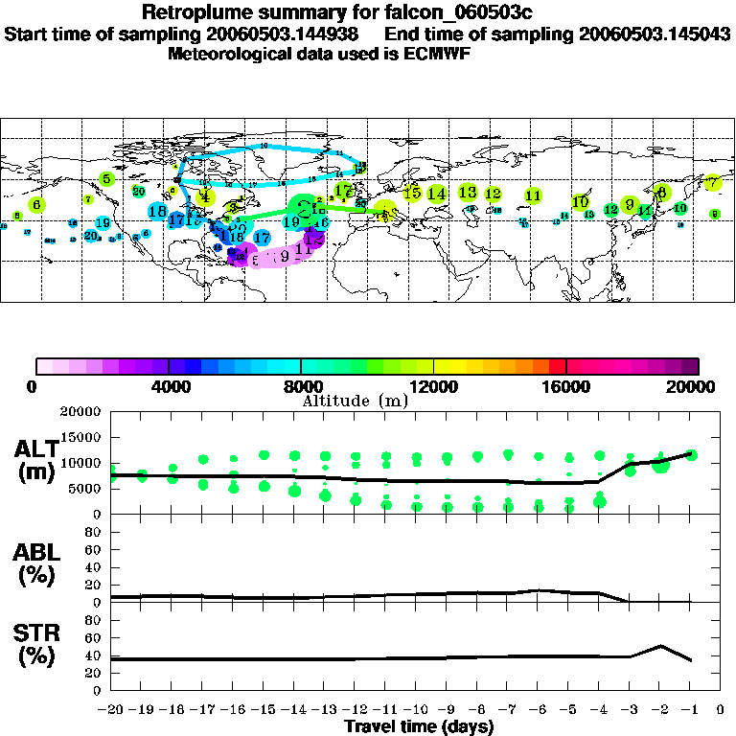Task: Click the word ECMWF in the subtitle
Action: (440, 54)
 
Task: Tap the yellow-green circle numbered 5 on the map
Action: (107, 178)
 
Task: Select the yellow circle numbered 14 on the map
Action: (436, 194)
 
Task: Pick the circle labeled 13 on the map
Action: (468, 193)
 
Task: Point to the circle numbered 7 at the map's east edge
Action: (712, 182)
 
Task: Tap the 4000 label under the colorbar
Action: (169, 386)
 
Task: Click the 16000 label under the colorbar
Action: (566, 386)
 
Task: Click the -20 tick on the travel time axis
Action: (110, 711)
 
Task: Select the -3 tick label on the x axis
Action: (629, 711)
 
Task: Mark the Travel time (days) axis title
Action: (419, 727)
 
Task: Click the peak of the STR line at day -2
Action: (660, 646)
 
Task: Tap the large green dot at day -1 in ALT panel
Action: (691, 455)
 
